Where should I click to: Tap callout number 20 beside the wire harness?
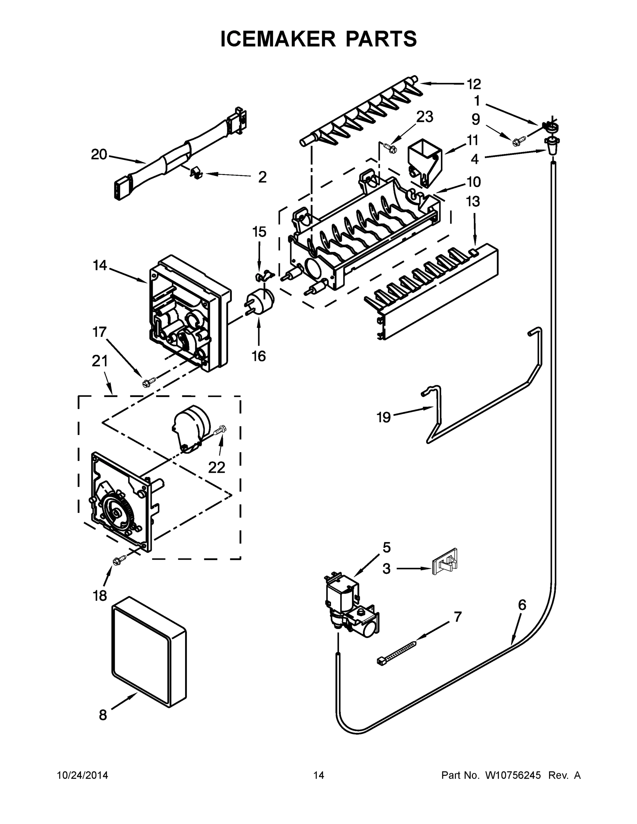(x=99, y=155)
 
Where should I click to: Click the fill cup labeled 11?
(x=424, y=163)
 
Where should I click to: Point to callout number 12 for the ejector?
(x=474, y=84)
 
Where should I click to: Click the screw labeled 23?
(x=389, y=148)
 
